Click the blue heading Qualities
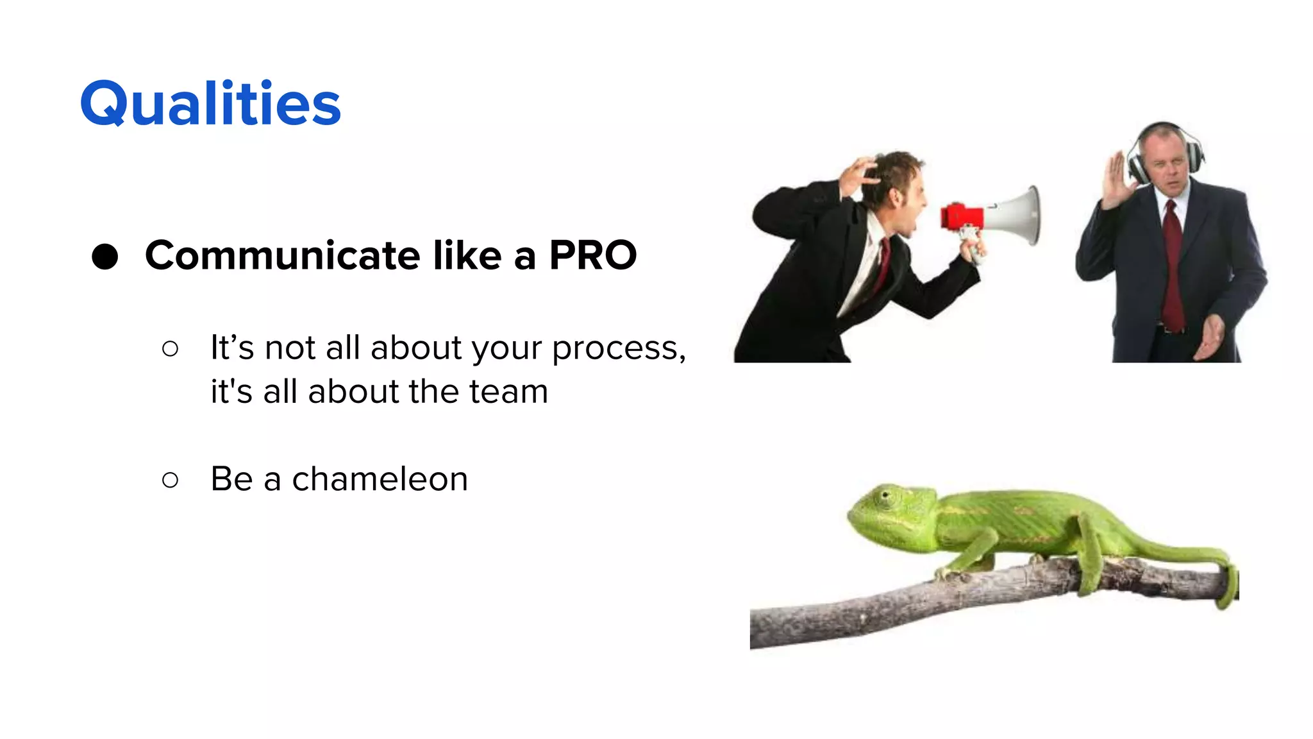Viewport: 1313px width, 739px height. [x=210, y=104]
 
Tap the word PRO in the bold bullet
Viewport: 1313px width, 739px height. [x=592, y=255]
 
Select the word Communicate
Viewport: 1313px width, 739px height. [x=283, y=255]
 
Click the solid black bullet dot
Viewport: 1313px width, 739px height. [x=105, y=257]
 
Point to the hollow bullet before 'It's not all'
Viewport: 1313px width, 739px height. [x=170, y=349]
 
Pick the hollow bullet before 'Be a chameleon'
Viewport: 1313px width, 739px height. [x=170, y=480]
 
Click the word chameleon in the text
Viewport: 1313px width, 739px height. [x=380, y=479]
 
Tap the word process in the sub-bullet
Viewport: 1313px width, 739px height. [x=615, y=349]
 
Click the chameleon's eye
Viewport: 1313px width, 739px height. [x=886, y=496]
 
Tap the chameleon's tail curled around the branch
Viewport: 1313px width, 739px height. [x=1228, y=581]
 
